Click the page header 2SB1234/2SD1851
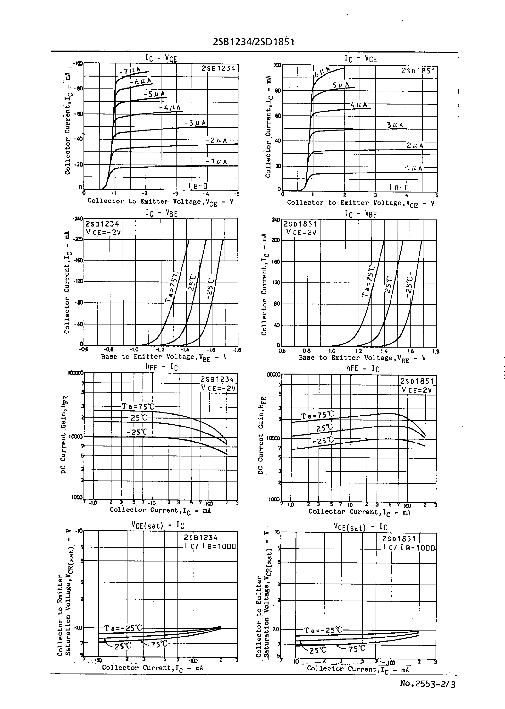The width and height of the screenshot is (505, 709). point(253,42)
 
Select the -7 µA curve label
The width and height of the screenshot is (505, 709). point(130,71)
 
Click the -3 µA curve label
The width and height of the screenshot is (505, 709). point(195,123)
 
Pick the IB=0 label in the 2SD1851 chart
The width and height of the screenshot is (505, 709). point(399,187)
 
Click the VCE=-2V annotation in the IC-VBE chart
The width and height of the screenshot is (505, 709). point(103,232)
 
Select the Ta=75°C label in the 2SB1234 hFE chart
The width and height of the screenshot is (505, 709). point(138,406)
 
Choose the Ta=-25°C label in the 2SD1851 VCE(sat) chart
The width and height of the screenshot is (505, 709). point(323,630)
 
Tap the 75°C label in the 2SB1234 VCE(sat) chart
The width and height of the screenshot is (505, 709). point(159,644)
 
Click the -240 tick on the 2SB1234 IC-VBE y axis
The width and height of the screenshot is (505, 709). point(78,219)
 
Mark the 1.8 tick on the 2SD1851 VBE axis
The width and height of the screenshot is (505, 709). point(436,351)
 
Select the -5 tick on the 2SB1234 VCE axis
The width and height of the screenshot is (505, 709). point(238,194)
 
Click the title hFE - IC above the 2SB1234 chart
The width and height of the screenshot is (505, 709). point(161,367)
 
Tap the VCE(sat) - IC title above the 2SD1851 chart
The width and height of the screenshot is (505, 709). point(360,527)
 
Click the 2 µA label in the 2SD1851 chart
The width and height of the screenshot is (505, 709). point(415,146)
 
